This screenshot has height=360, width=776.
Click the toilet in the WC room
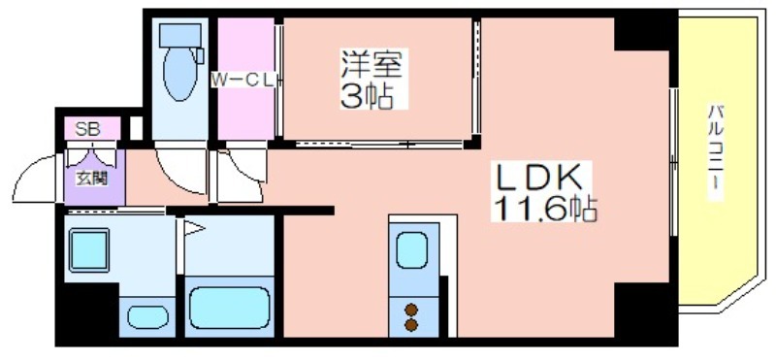pos(180,62)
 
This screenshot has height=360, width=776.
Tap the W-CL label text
pos(243,81)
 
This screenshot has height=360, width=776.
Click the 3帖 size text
pos(367,95)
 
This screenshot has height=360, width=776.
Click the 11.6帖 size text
pos(543,209)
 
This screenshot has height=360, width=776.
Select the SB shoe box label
pos(87,129)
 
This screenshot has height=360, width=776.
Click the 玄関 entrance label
pos(91,178)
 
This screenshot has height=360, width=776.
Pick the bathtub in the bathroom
pos(230,308)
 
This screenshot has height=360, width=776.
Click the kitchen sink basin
pos(411,250)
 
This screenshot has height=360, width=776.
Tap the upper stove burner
pos(410,310)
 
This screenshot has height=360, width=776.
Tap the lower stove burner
pos(410,325)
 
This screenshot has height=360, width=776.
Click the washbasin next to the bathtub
pos(148,317)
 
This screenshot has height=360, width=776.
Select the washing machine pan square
pos(89,250)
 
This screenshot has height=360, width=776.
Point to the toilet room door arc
pos(175,180)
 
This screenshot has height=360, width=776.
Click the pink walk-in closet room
pos(246,80)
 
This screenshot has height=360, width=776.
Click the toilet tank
pos(180,35)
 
